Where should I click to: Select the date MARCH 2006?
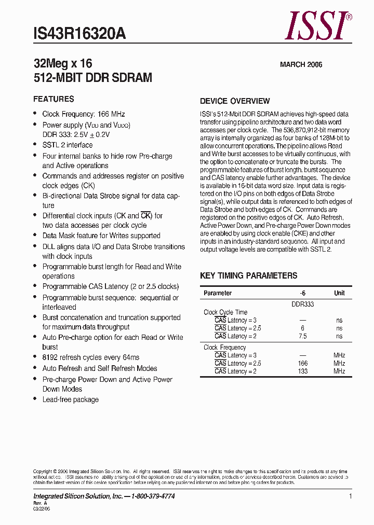coord(301,65)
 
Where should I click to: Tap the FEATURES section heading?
coord(54,99)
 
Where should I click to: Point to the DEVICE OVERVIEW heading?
coord(235,101)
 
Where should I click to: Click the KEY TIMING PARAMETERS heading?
coord(248,275)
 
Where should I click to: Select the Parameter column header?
coord(218,293)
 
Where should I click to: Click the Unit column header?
coord(339,293)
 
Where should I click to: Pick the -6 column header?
coord(302,293)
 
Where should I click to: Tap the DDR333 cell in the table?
coord(302,305)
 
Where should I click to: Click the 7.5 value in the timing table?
coord(302,336)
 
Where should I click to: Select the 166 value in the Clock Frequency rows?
coord(302,364)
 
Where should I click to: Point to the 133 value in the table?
coord(302,371)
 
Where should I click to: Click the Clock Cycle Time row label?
coord(225,312)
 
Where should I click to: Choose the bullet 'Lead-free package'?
coord(70,399)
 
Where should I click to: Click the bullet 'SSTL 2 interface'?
coord(68,145)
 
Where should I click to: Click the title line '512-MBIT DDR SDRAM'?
coord(92,78)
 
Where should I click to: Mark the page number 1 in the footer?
coord(351,496)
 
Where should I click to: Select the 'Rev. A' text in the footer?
coord(41,503)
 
